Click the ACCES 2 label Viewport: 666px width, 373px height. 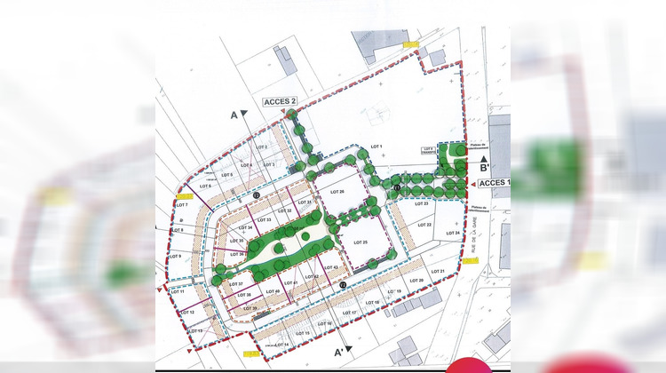click(x=280, y=102)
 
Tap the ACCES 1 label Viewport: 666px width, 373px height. click(x=495, y=182)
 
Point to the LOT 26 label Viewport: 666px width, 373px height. click(x=336, y=192)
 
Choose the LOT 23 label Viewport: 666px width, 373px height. click(x=421, y=204)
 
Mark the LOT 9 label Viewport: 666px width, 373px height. click(x=174, y=257)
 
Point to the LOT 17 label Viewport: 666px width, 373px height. click(x=347, y=313)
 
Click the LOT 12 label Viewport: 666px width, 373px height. click(x=186, y=312)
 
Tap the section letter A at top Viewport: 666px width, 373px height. click(x=234, y=115)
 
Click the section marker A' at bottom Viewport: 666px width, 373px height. click(x=338, y=352)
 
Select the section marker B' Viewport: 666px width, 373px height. click(x=485, y=167)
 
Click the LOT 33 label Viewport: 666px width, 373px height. click(x=263, y=219)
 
